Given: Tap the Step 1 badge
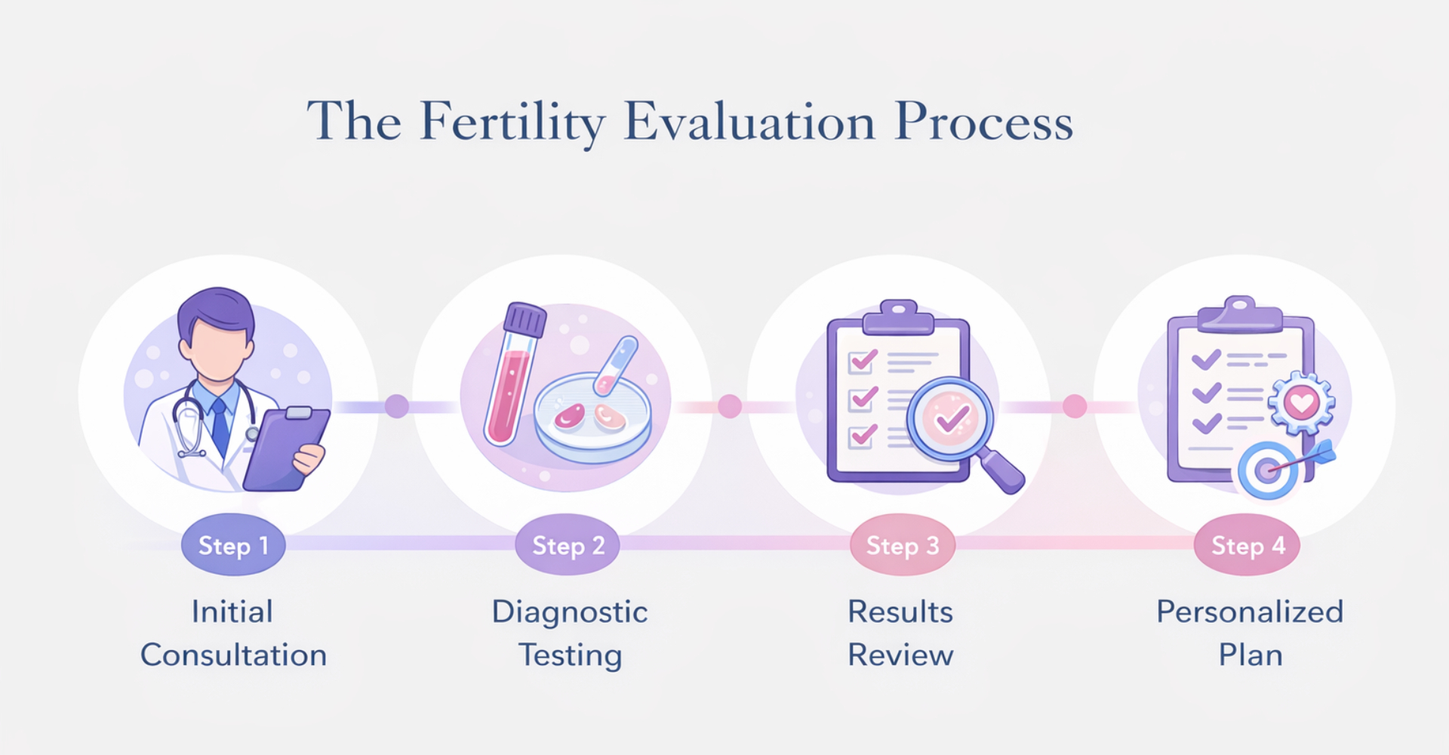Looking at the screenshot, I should [x=233, y=545].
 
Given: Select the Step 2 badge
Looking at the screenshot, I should [x=568, y=545].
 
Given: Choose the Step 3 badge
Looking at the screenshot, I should [x=902, y=545].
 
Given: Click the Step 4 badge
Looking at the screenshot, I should [x=1247, y=545].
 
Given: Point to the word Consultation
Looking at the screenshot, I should [x=233, y=655].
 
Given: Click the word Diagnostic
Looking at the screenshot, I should [x=570, y=612].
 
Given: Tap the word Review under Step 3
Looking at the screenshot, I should [x=900, y=655].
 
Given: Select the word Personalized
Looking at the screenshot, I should [x=1250, y=612].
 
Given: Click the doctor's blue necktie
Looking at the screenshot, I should [x=220, y=427].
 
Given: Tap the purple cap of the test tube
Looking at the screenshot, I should [x=525, y=319].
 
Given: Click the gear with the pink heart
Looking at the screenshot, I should [x=1301, y=402].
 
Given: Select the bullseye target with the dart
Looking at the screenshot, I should [x=1268, y=470].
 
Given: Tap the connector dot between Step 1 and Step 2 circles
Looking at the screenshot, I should [x=397, y=406].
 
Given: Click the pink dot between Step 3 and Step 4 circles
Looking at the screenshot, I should [x=1075, y=406].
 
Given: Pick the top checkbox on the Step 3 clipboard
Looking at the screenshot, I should [x=863, y=362].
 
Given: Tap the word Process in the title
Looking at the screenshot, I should [x=983, y=122].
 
